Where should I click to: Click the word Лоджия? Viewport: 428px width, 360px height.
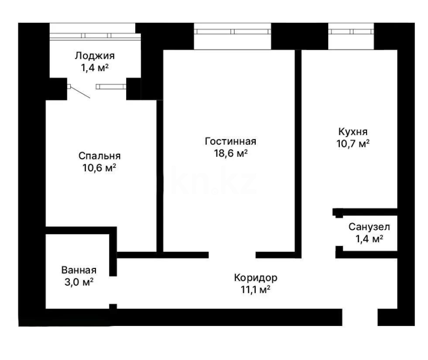pos(94,56)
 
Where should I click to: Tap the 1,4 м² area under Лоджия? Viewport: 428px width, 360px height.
pos(94,68)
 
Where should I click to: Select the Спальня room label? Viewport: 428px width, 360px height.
pos(99,156)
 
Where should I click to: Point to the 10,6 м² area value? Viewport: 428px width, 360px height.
pos(99,168)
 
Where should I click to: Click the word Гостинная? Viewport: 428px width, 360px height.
pos(230,141)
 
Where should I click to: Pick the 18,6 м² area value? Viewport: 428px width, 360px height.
pos(230,153)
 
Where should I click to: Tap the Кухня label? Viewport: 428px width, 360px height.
pos(353,131)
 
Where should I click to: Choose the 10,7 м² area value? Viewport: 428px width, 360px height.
pos(353,143)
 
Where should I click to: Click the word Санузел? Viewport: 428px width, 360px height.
pos(369,227)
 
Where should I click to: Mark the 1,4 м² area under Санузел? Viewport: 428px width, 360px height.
pos(369,239)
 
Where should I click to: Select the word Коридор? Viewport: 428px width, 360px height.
pos(255,277)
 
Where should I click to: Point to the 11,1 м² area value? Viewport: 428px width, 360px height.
pos(255,289)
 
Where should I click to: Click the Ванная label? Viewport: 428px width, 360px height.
pos(79,270)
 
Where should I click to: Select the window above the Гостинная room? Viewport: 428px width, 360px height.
pos(232,31)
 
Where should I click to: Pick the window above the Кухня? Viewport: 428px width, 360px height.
pos(351,31)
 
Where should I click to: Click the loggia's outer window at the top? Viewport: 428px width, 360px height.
pos(92,35)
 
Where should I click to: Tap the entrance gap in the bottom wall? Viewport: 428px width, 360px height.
pos(360,317)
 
